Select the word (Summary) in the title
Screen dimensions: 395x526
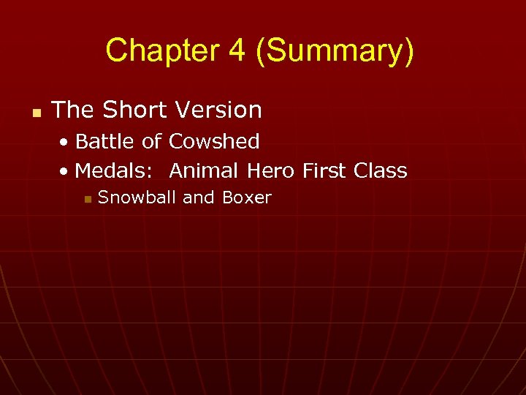tap(335, 51)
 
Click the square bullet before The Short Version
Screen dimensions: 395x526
tap(34, 113)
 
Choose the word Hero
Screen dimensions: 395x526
tap(271, 171)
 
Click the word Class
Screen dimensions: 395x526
tap(380, 171)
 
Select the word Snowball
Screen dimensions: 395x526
tap(137, 197)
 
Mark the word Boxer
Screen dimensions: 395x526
tap(246, 197)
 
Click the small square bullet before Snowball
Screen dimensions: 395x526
tap(87, 199)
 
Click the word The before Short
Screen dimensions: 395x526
tap(73, 110)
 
